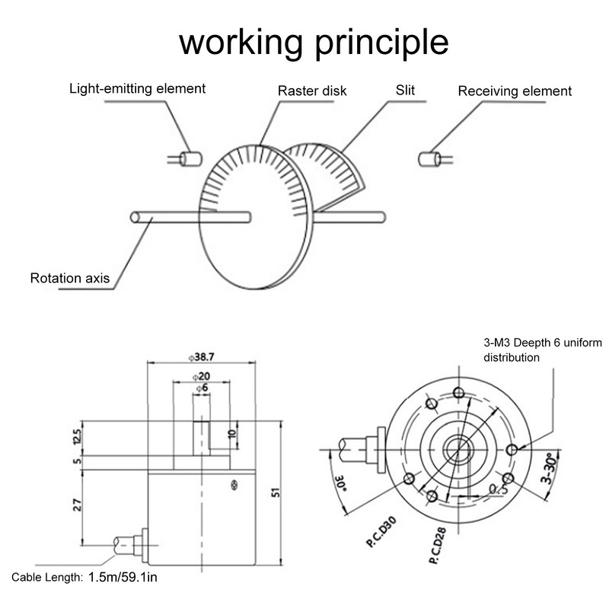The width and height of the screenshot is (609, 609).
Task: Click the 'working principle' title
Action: [314, 43]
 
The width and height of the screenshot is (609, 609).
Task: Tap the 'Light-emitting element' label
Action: [137, 88]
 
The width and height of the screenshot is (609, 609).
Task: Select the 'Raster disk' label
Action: [312, 91]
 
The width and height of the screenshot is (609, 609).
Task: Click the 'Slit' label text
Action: [405, 90]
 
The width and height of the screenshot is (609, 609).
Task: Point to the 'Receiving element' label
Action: [515, 91]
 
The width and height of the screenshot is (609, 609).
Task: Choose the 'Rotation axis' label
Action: [70, 278]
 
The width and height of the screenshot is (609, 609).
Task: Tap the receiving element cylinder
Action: [429, 159]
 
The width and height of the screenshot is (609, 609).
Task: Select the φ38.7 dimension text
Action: [202, 357]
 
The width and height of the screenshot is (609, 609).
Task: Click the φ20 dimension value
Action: [201, 376]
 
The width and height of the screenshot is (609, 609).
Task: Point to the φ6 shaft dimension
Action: [202, 387]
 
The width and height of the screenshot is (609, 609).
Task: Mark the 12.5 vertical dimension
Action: [78, 436]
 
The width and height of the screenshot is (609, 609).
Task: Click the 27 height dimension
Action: [78, 505]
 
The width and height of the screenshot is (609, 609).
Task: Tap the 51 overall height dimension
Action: [276, 493]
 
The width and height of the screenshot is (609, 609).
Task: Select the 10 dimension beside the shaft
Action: [232, 434]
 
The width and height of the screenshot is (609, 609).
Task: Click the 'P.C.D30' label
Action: [381, 531]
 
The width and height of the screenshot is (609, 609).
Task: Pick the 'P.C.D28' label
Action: [437, 546]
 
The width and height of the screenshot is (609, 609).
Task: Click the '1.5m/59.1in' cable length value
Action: [123, 577]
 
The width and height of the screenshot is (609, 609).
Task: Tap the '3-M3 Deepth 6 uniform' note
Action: [543, 343]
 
